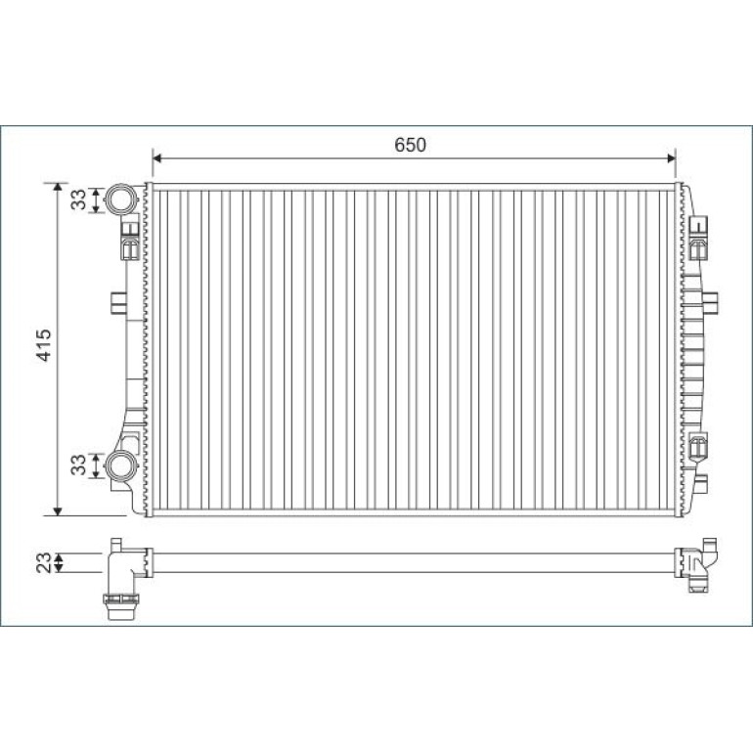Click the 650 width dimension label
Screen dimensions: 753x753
pos(410,145)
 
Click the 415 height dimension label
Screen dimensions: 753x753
pos(44,345)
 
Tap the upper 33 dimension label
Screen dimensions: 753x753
pos(78,199)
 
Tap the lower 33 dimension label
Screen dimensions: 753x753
pos(78,465)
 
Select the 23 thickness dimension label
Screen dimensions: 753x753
pos(44,562)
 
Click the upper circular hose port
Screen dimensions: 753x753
pos(121,199)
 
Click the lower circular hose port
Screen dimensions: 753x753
pos(121,465)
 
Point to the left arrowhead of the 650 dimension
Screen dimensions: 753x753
pos(156,158)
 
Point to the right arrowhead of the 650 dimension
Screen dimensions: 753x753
pos(672,158)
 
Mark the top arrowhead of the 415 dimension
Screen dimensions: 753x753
pos(58,188)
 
